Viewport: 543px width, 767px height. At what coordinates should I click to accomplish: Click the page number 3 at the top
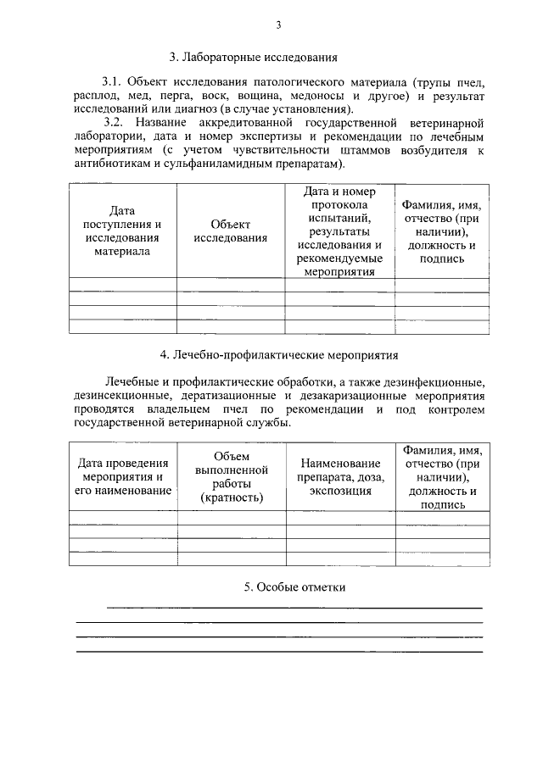pos(277,25)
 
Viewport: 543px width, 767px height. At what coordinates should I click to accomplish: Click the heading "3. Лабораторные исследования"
pos(254,58)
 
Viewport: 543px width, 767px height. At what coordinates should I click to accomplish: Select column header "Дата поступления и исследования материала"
pos(122,230)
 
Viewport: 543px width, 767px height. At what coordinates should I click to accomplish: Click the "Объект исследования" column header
pos(230,231)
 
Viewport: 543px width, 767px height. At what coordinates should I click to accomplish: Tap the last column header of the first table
pos(442,231)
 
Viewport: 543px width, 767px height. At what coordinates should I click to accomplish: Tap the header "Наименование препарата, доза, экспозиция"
pos(341,476)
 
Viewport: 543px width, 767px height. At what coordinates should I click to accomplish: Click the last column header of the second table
pos(442,476)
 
